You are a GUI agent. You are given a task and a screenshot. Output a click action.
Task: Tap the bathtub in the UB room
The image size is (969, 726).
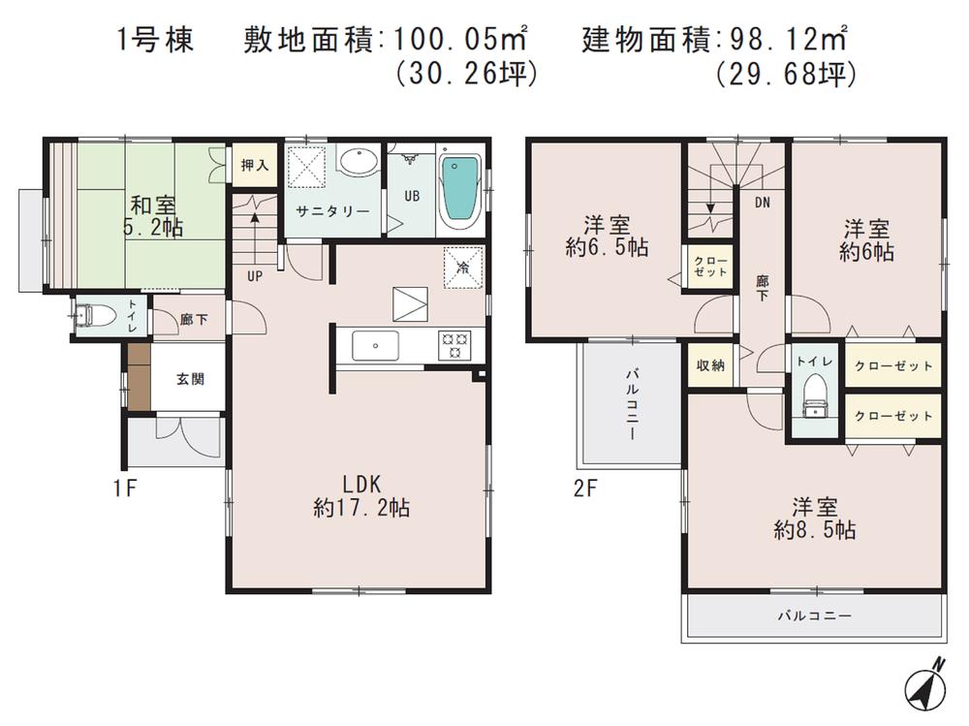[x=460, y=191]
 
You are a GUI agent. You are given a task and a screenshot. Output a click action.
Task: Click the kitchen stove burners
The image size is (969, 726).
[x=454, y=343]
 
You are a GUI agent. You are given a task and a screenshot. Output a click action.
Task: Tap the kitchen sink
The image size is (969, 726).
[x=372, y=344]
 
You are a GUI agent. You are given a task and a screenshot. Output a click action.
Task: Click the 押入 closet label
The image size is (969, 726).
[x=254, y=166]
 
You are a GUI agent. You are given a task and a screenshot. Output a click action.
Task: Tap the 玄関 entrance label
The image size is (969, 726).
[x=190, y=379]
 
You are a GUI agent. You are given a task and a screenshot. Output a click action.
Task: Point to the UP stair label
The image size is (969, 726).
[x=255, y=275]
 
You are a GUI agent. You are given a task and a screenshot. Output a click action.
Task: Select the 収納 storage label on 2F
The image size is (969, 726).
[x=710, y=365]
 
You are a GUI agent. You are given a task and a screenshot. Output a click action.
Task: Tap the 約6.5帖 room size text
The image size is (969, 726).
[x=607, y=247]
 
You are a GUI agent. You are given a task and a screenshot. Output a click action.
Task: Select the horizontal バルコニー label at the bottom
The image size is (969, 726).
[x=814, y=616]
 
